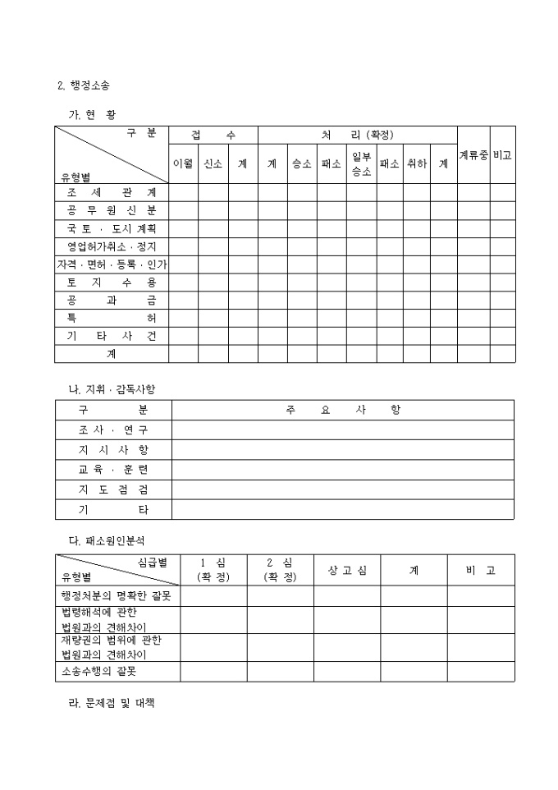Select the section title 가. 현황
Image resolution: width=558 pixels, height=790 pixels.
(x=92, y=114)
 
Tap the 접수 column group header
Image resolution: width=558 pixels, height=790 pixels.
(x=213, y=135)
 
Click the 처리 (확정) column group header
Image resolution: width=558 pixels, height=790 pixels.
(x=357, y=135)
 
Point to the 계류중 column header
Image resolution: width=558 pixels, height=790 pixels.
(x=473, y=154)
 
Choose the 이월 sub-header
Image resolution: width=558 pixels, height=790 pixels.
(x=183, y=163)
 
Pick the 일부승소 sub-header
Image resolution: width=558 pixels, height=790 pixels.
(x=362, y=163)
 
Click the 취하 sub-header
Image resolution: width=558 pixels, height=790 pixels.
(x=416, y=163)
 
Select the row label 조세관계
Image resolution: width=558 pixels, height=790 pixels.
(x=112, y=192)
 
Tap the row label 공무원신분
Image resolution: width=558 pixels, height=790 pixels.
(x=112, y=210)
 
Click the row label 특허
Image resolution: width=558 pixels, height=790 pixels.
(x=112, y=318)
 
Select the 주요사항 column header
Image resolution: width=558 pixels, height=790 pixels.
(x=343, y=410)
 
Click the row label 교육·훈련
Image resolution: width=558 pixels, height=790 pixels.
(x=113, y=470)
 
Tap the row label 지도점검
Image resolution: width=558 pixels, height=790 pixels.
(x=113, y=489)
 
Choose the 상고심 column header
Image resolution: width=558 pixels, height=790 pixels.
(x=347, y=570)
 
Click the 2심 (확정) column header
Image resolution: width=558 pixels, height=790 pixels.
(x=280, y=570)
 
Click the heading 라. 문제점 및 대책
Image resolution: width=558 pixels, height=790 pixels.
(x=112, y=705)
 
